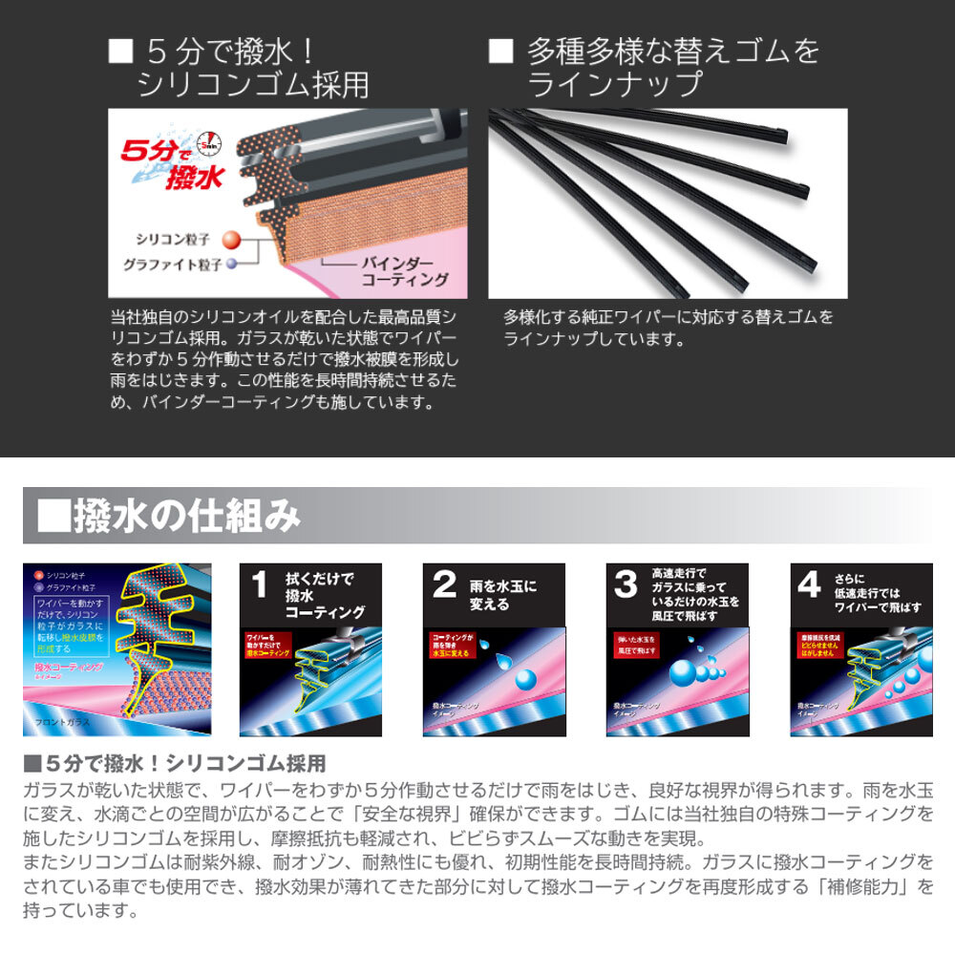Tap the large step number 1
259,585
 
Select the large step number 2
444,585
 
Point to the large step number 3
626,585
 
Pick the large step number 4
808,585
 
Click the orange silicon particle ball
230,239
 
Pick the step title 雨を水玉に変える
502,595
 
